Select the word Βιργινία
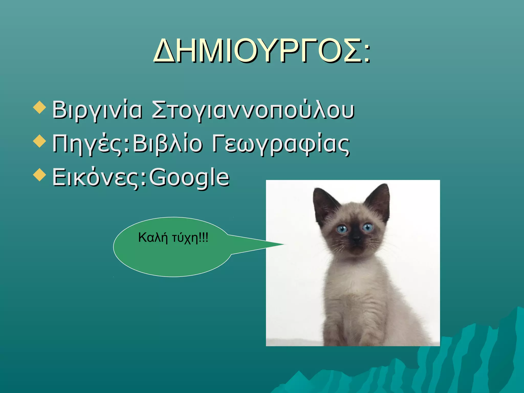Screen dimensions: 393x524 pos(97,110)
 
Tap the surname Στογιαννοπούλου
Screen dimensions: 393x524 pos(253,110)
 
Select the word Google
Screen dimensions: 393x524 pos(189,177)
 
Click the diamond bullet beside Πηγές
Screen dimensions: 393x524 pos(40,141)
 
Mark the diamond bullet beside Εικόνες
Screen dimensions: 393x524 pos(40,175)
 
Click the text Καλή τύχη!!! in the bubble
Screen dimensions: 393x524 pos(173,238)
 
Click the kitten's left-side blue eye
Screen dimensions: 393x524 pos(342,229)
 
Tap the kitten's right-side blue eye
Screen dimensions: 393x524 pos(367,227)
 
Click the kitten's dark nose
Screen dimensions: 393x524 pos(356,239)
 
